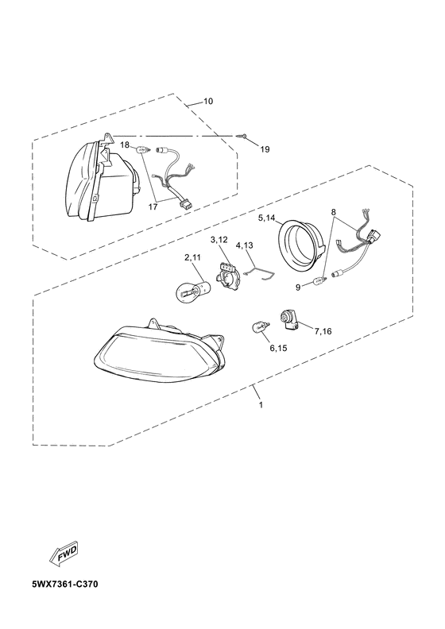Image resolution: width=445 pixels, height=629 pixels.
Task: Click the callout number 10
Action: click(x=208, y=101)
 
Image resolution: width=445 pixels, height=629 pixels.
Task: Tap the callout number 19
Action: click(x=265, y=149)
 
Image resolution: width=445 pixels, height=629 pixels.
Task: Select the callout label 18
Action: click(x=126, y=145)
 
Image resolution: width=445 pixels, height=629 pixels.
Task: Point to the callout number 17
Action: click(x=153, y=207)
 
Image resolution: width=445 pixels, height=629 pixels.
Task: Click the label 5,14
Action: click(x=267, y=218)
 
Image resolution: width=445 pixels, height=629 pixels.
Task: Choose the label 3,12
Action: click(x=219, y=240)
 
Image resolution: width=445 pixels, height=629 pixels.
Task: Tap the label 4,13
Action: click(x=245, y=245)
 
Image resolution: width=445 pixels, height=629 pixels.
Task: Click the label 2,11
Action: click(x=192, y=258)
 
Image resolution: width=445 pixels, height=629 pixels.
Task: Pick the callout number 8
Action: click(x=334, y=211)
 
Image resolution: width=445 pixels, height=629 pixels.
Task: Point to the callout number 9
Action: click(x=298, y=287)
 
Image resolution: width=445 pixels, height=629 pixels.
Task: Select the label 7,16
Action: click(x=323, y=331)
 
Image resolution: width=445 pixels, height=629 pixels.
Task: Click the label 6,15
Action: click(x=278, y=348)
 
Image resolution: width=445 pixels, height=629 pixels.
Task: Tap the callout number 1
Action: click(x=261, y=405)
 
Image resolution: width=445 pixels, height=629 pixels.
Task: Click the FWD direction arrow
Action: click(x=63, y=556)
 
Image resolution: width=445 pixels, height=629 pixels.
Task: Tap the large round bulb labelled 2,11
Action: click(x=191, y=291)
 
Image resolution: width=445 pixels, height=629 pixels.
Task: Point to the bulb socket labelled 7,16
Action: click(x=290, y=320)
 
